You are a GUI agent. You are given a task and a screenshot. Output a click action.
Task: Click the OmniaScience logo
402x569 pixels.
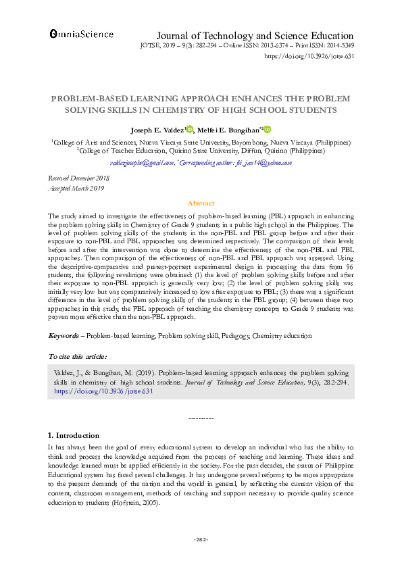(80, 33)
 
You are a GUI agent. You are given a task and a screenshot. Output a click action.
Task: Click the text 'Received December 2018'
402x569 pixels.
(78, 176)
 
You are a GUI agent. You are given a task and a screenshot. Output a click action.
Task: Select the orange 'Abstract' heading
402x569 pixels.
(201, 203)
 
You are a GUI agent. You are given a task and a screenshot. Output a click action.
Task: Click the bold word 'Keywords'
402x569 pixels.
(64, 335)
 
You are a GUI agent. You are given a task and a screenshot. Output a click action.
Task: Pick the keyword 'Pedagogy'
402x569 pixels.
(234, 335)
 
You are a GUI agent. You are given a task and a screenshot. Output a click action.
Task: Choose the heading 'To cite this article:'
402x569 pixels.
(78, 356)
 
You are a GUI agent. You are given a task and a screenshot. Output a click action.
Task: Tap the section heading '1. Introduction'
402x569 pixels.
(74, 435)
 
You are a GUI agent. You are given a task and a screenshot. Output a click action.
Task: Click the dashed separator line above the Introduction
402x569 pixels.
(201, 418)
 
